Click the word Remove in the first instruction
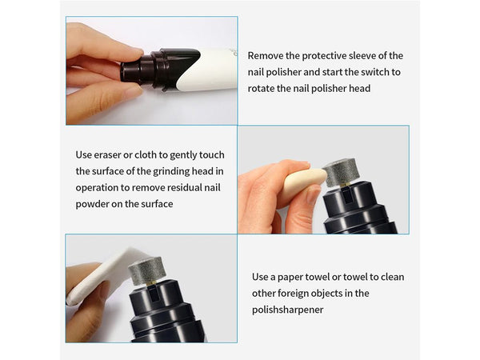pyautogui.click(x=266, y=56)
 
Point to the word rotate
pyautogui.click(x=261, y=89)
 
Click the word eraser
pyautogui.click(x=107, y=155)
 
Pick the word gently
pyautogui.click(x=183, y=155)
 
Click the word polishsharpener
pyautogui.click(x=288, y=310)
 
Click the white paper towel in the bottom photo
pyautogui.click(x=101, y=275)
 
